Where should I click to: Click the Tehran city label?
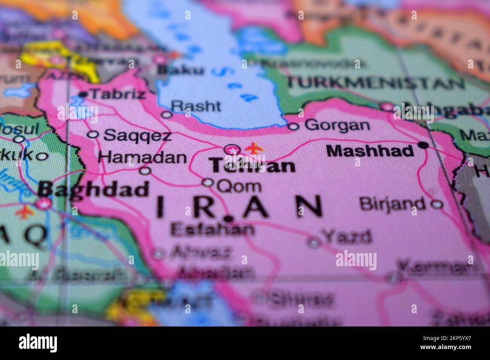coord(253,166)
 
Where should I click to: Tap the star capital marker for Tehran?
coord(232,150)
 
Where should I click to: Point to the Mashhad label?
coord(370,151)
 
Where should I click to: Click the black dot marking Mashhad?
coord(424,145)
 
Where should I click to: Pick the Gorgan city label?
coord(337,125)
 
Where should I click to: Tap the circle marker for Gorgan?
coord(293,126)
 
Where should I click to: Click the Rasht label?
coord(196,106)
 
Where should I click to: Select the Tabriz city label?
coord(118,94)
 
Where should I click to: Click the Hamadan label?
coord(142,157)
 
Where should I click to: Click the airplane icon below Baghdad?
coord(25,212)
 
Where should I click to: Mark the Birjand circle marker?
coord(436,204)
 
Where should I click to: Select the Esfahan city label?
coord(212,229)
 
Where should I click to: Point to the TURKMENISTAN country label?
coord(375,82)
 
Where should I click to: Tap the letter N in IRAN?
coord(308,206)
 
